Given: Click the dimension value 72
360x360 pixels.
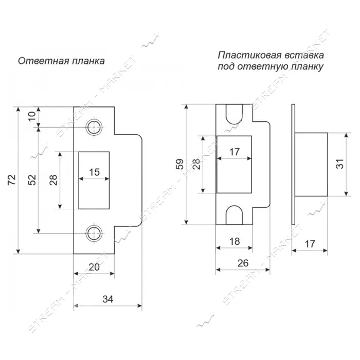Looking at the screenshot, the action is pos(12,180).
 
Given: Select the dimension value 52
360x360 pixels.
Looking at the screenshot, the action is pos(32,180).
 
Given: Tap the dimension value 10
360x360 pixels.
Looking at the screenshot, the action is pos(32,116).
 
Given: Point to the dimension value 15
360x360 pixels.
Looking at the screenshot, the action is pos(94,172).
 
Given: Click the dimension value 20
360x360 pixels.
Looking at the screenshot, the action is pos(94,267).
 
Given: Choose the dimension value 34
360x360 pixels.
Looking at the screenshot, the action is pos(108,299).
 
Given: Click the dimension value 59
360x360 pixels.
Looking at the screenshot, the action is pos(180,164).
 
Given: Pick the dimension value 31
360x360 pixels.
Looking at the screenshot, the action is pos(340,164).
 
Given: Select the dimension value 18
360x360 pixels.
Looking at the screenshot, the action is pos(235,241).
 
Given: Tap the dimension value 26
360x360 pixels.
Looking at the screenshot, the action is pos(243,263).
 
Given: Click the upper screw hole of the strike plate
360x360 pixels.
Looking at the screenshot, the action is pos(94,127).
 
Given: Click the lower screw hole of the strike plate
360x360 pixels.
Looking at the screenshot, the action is pos(94,233).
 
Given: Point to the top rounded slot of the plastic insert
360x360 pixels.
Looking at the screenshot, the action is pos(234,114).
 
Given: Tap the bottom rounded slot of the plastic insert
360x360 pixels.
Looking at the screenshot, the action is pos(234,215).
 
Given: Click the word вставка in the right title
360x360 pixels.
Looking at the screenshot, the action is pos(304,56).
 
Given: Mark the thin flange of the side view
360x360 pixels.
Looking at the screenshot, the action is pos(293,165).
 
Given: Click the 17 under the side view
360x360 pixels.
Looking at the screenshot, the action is pos(310,244).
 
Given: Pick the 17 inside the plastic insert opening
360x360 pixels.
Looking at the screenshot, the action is pos(235,152).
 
